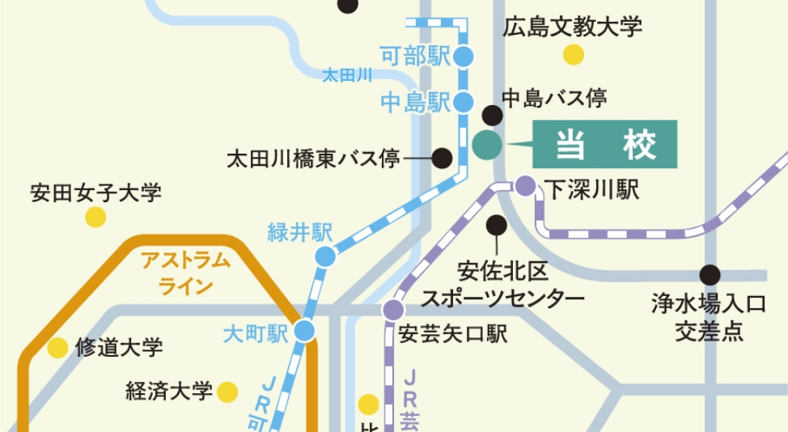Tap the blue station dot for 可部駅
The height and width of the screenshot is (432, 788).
(464, 56)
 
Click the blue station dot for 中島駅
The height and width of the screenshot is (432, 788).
(464, 103)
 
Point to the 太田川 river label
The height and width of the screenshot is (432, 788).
(346, 75)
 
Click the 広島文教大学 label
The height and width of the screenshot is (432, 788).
(572, 27)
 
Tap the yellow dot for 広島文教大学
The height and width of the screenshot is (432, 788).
(574, 54)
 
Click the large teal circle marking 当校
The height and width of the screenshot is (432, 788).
(486, 145)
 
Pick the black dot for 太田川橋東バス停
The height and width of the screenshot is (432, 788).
(442, 158)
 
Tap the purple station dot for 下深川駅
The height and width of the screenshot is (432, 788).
(525, 186)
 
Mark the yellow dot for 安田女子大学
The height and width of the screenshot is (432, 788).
(95, 217)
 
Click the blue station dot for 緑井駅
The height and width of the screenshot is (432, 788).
(324, 256)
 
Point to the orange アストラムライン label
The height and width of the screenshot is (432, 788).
(186, 273)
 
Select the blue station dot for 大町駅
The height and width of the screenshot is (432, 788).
(304, 330)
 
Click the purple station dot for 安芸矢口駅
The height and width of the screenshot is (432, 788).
(393, 310)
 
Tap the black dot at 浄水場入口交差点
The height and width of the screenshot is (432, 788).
(710, 275)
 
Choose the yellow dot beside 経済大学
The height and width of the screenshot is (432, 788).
(229, 392)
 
